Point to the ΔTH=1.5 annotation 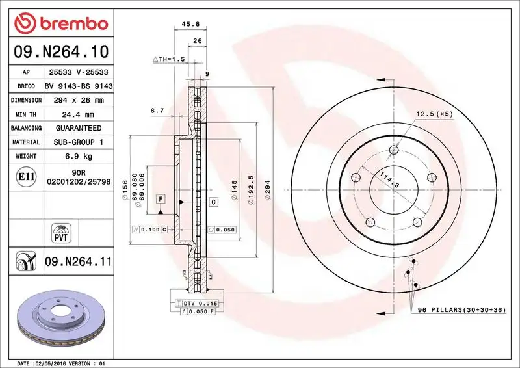coord(169,59)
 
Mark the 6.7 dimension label coord(157,111)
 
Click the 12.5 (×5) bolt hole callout coord(434,114)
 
